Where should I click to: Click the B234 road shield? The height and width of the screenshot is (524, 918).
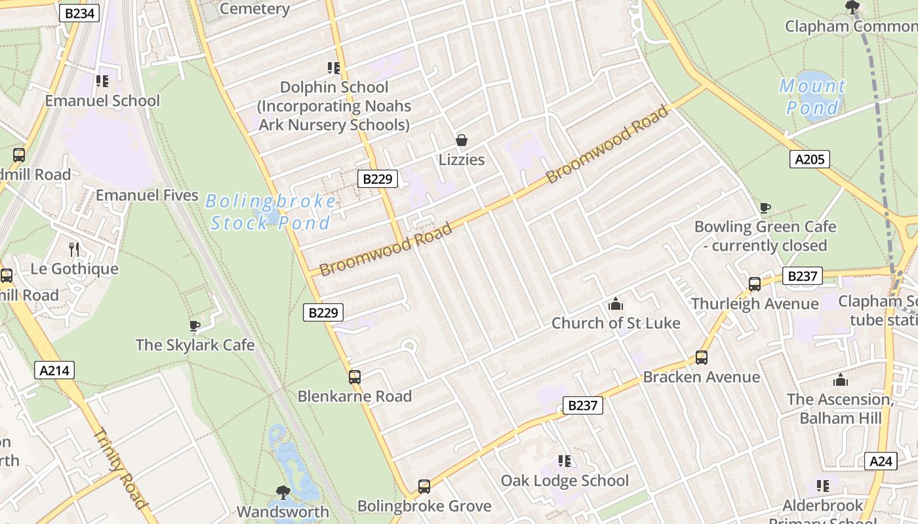click(x=79, y=13)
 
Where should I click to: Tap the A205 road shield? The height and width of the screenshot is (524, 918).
click(x=809, y=159)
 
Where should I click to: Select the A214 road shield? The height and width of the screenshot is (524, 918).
click(x=54, y=370)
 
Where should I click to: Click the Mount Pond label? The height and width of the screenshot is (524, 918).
click(x=812, y=96)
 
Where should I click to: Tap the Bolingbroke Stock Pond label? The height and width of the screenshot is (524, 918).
click(x=270, y=212)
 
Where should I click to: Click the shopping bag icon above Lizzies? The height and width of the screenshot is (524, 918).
click(x=462, y=140)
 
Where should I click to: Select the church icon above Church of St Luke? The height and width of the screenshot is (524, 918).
click(x=615, y=304)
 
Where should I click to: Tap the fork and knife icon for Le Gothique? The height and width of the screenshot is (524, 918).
click(x=74, y=249)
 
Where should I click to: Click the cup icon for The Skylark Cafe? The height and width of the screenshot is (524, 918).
click(x=195, y=326)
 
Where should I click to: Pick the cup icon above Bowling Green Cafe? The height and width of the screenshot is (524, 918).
click(x=765, y=208)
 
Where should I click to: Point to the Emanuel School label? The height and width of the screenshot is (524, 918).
click(x=102, y=101)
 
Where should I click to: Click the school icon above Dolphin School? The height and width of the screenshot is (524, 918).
click(x=334, y=68)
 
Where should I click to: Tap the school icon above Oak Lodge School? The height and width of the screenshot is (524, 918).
click(x=565, y=461)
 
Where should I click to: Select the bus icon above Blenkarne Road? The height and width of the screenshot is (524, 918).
click(x=355, y=377)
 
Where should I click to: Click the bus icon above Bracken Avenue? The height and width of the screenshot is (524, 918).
click(x=702, y=358)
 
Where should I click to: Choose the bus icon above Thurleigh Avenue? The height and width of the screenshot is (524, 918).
click(x=755, y=284)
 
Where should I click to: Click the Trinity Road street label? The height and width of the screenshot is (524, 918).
click(x=120, y=468)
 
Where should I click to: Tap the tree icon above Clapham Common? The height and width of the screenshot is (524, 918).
click(x=852, y=8)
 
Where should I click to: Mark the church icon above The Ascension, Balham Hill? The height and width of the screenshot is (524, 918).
click(x=840, y=380)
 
